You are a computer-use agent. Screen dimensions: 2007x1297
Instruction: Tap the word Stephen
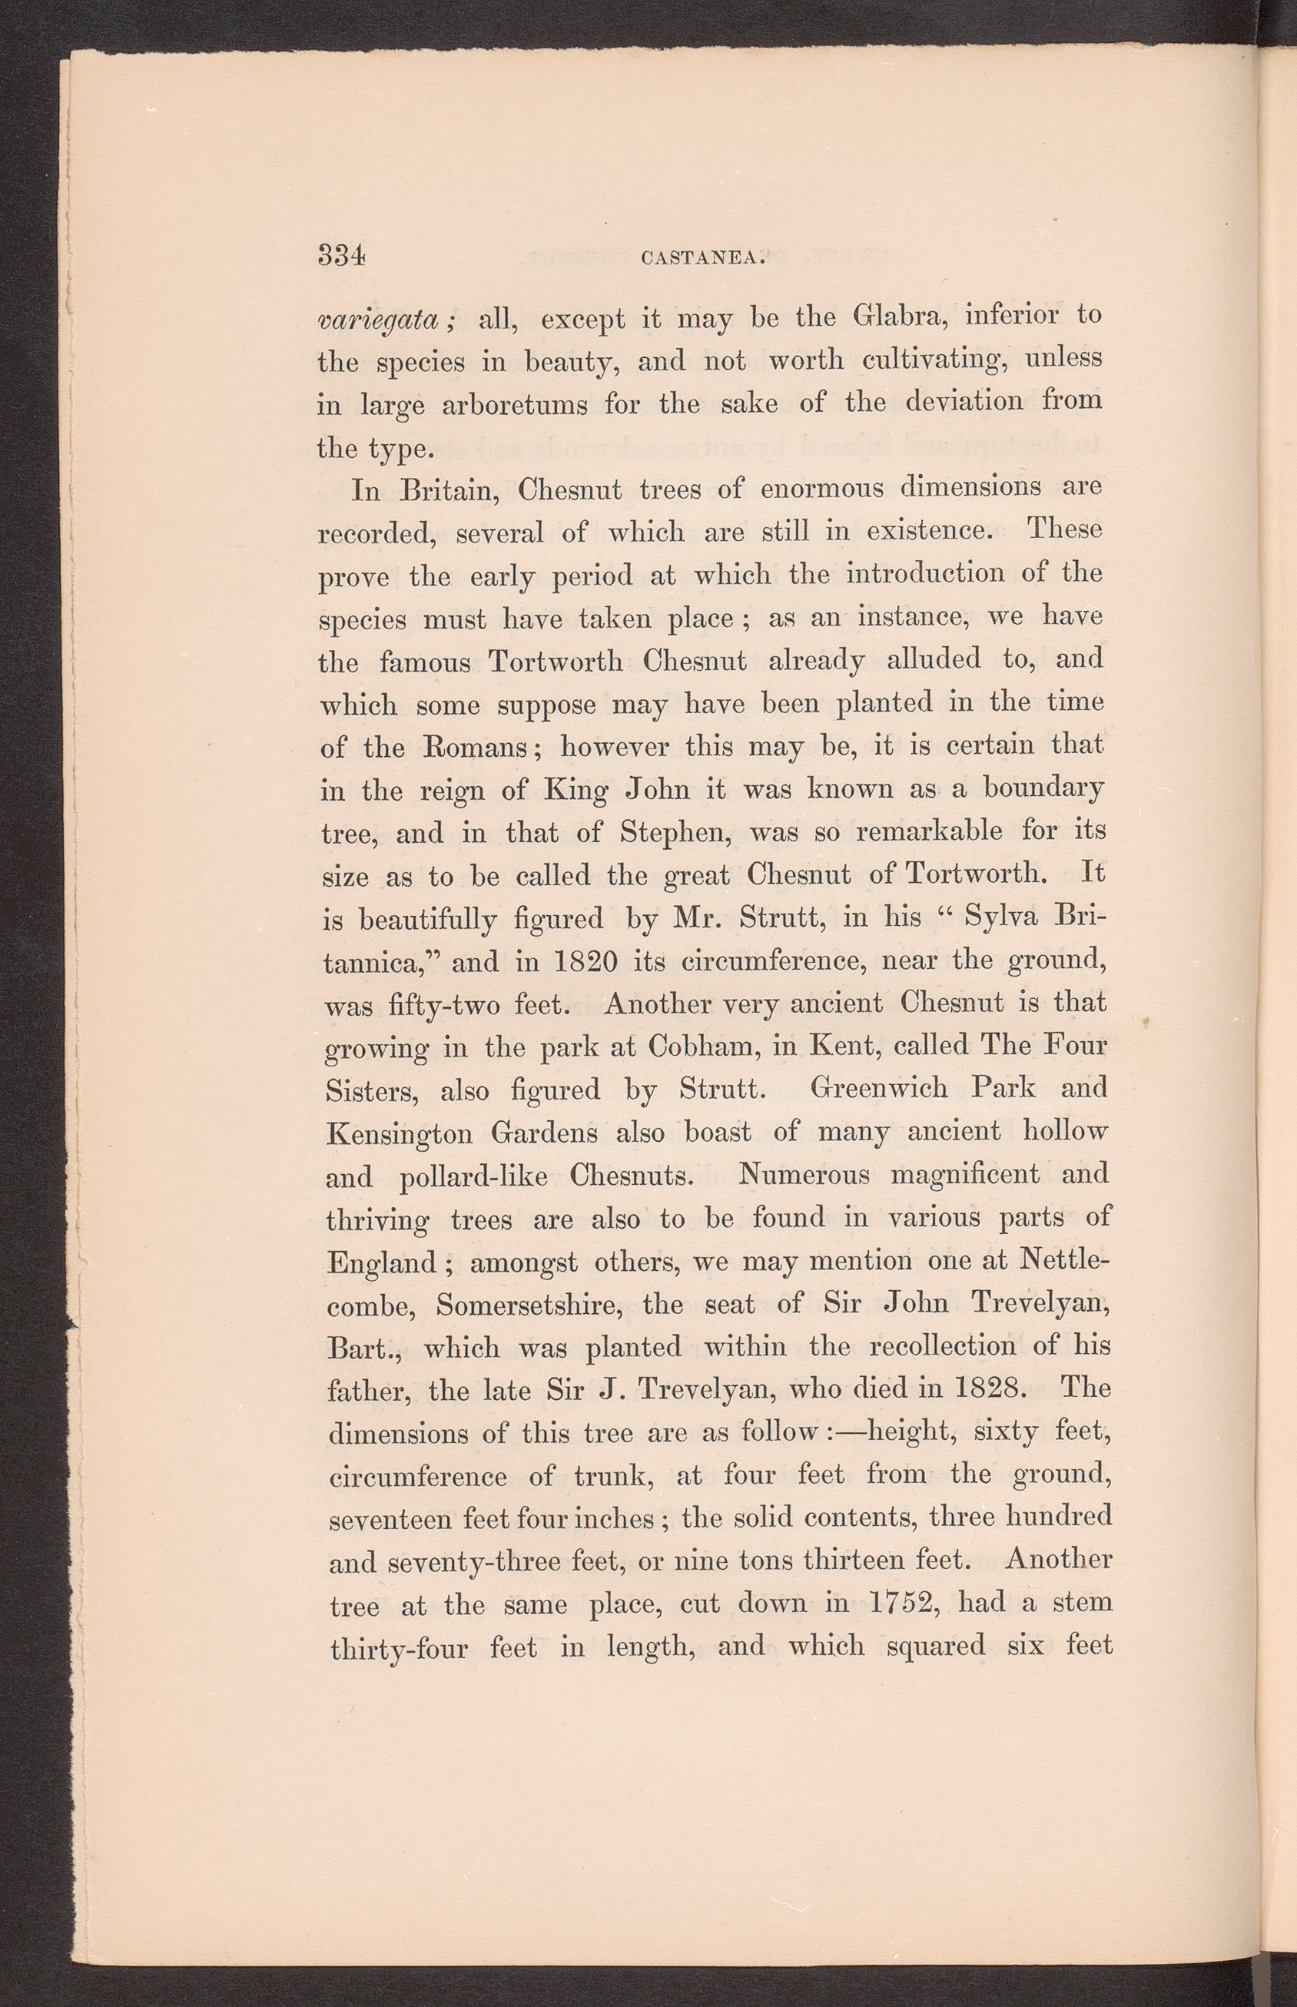[x=674, y=833]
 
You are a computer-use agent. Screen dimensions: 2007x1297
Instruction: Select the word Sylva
[x=1001, y=917]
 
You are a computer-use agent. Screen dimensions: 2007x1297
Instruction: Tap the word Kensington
[x=400, y=1133]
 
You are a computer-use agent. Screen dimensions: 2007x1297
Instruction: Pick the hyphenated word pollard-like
[x=474, y=1176]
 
